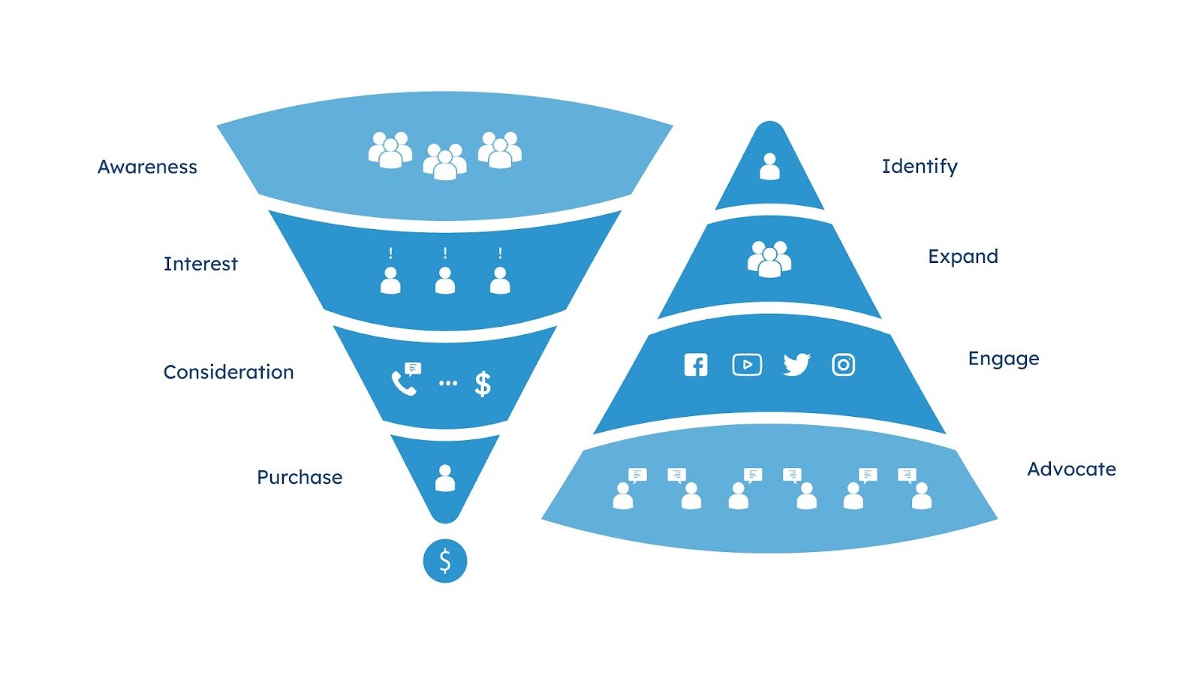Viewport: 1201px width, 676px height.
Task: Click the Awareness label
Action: (x=147, y=167)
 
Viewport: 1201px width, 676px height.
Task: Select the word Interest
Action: (x=200, y=264)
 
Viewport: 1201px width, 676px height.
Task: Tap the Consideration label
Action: (x=228, y=372)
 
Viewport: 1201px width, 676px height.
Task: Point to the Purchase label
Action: (x=299, y=477)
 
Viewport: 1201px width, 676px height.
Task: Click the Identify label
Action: (x=920, y=166)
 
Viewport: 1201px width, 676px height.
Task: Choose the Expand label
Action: (x=963, y=256)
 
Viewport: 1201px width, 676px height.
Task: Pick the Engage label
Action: (x=1004, y=358)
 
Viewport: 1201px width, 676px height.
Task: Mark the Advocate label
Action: (x=1071, y=469)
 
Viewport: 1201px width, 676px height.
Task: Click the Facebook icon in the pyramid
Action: (x=696, y=365)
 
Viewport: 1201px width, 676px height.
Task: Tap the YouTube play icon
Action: (x=747, y=365)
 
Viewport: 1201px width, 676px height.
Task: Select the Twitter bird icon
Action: (x=796, y=365)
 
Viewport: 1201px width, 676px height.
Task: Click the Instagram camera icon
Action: (x=843, y=365)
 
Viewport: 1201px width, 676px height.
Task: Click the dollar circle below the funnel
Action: (x=445, y=561)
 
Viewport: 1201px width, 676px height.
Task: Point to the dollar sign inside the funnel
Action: (x=483, y=384)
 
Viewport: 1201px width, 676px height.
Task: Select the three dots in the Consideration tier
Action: (x=448, y=383)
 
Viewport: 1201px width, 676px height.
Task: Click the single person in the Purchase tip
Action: (x=445, y=478)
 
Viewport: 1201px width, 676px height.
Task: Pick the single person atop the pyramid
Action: (x=769, y=166)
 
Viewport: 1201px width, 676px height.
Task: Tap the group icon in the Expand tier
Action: (x=769, y=259)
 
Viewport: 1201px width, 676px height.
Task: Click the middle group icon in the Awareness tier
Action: (x=444, y=161)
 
